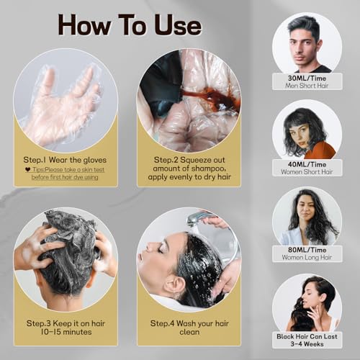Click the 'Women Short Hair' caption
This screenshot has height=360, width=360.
(x=307, y=171)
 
